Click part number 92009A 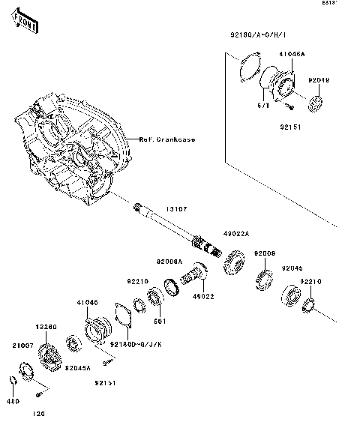169,262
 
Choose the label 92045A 77,368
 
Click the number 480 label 13,401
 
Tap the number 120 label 39,414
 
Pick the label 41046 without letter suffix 88,304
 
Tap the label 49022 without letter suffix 202,296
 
